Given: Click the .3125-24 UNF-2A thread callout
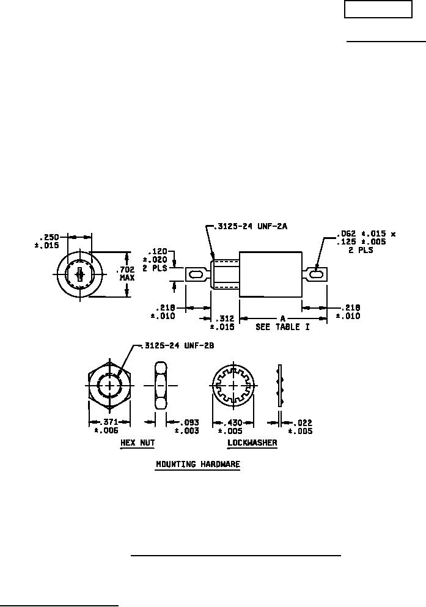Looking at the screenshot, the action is [252, 226].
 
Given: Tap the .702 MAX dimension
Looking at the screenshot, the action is [127, 274].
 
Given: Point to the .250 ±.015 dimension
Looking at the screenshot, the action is [47, 241].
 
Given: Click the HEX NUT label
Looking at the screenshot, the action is [138, 443].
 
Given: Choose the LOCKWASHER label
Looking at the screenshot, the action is [252, 443].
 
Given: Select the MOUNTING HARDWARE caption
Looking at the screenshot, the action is [197, 464].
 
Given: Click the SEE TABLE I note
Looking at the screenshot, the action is [283, 327].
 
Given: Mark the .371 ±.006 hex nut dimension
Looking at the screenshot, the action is [107, 426].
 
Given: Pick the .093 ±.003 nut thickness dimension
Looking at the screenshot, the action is [187, 426].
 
